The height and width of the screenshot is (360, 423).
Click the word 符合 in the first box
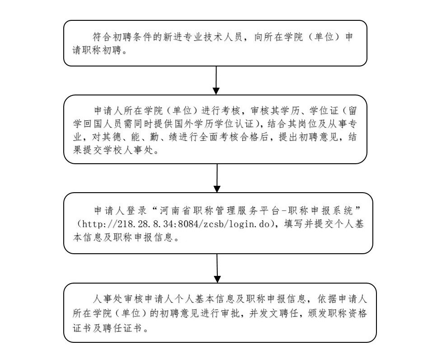[x=102, y=37]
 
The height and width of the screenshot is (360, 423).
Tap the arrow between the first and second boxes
[x=216, y=80]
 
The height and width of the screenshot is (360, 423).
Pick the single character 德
[x=117, y=137]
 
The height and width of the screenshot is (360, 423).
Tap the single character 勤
[x=154, y=137]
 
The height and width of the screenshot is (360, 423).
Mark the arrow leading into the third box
[x=217, y=178]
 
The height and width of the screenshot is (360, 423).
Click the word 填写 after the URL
[x=294, y=224]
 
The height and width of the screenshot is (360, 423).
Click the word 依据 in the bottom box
[x=327, y=299]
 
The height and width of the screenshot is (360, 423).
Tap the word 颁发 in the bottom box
[x=318, y=313]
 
